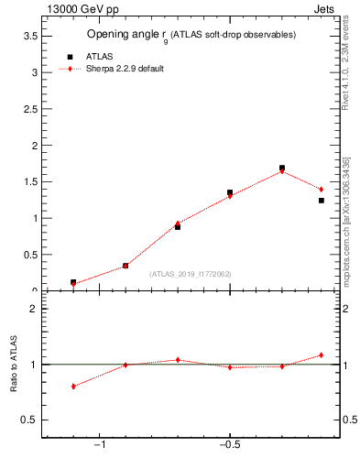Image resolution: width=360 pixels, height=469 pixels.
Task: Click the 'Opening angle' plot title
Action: coord(191,35)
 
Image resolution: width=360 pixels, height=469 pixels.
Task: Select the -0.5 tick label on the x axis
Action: coord(229,444)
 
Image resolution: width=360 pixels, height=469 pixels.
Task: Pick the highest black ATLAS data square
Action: coord(282,169)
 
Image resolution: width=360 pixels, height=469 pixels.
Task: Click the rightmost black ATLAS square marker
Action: coord(322,201)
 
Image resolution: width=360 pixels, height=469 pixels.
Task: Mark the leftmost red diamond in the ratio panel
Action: coord(73,387)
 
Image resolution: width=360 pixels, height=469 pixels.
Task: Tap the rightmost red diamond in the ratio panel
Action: coord(322,355)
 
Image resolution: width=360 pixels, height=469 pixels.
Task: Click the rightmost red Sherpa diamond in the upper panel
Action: coord(322,190)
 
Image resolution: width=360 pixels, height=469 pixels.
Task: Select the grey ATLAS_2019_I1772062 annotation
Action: coord(191,273)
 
